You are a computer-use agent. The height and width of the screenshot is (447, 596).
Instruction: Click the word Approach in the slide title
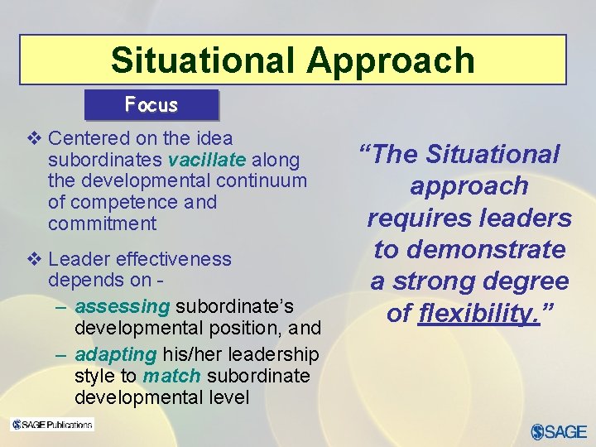point(394,60)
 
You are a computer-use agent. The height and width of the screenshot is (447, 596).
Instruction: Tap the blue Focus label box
point(151,105)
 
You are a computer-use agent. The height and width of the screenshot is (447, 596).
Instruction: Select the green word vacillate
point(206,159)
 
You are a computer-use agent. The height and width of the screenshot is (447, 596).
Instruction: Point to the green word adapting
point(115,354)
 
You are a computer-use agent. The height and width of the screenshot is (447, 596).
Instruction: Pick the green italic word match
point(171,376)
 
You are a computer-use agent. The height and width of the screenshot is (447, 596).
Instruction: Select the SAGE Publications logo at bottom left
point(52,425)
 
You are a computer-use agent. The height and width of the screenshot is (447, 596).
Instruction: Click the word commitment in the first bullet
point(102,223)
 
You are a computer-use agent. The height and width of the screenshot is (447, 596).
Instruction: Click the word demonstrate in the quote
point(494,249)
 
